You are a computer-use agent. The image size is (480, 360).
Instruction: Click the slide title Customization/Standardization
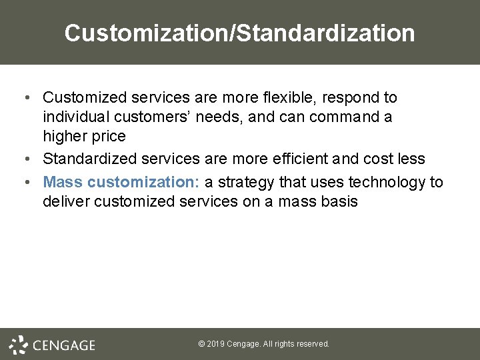click(x=239, y=33)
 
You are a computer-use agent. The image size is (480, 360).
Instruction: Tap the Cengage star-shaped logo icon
click(x=18, y=344)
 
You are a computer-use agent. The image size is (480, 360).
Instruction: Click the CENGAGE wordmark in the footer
click(x=64, y=345)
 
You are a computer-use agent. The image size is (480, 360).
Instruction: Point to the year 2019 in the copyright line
click(x=215, y=344)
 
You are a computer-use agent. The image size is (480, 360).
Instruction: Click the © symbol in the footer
click(x=201, y=344)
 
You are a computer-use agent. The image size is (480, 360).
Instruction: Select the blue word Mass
click(x=63, y=182)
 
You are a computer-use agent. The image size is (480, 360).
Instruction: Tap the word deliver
click(x=66, y=201)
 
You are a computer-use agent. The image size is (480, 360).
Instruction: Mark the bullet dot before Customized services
click(x=25, y=98)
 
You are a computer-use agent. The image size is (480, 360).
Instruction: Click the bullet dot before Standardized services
click(x=25, y=159)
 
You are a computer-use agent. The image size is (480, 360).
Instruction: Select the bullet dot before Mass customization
click(x=25, y=183)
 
